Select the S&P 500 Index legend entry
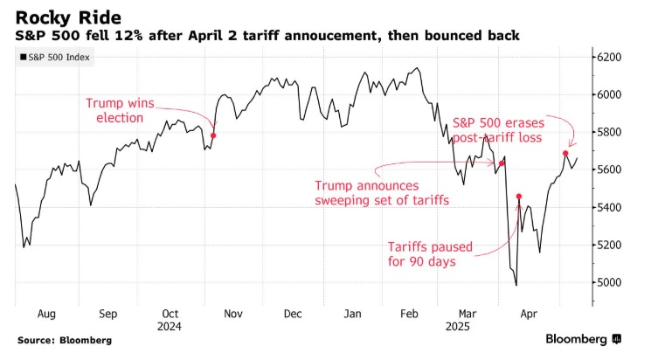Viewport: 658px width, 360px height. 54,58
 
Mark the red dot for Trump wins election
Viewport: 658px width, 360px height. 214,135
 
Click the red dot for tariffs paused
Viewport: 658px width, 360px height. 519,197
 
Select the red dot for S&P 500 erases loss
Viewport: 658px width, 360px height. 565,154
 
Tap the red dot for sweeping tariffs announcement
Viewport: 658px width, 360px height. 502,163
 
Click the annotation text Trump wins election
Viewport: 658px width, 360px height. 120,110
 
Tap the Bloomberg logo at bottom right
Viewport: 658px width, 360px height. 583,339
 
